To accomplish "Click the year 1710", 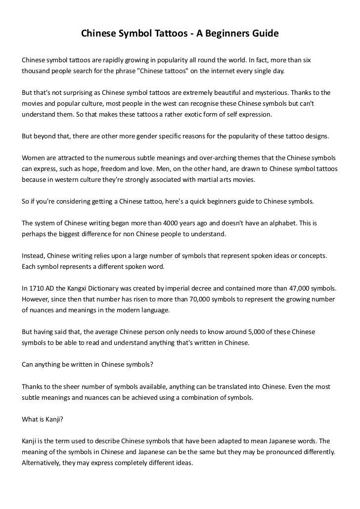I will (37, 288).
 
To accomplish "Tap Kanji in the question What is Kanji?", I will (55, 419).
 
